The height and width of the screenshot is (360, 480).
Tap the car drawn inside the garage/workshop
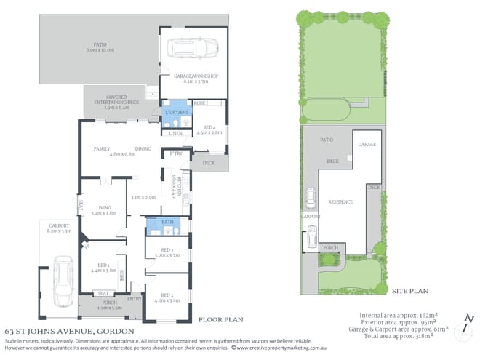click(185, 48)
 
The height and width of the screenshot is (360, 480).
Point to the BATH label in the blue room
click(167, 221)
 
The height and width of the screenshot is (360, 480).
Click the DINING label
click(143, 148)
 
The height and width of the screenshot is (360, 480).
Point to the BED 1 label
click(100, 265)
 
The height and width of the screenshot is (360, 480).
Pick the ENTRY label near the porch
click(135, 298)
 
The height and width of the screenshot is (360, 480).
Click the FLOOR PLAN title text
click(221, 319)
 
